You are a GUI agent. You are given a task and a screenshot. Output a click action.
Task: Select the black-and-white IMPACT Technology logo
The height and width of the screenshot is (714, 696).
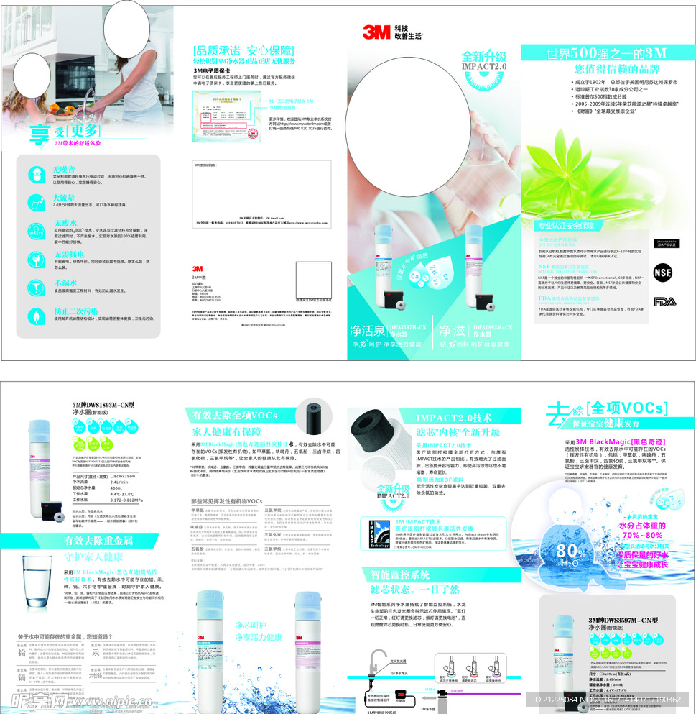[379, 533]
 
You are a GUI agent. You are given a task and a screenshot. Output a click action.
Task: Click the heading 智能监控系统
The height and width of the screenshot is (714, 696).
[400, 575]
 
